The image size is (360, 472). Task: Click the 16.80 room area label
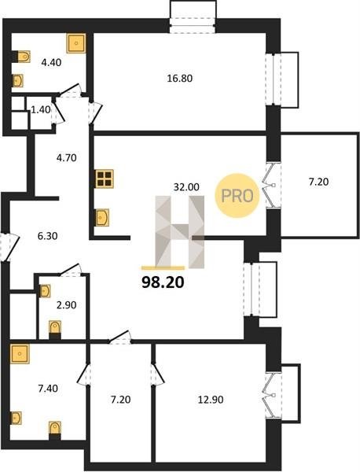coord(179,78)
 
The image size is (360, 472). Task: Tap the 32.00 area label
coord(186,187)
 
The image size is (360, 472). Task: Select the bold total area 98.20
coord(163,282)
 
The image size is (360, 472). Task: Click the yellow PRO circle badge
coord(237,196)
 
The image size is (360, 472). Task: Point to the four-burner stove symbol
coord(105,179)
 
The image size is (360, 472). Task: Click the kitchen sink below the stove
coord(102,217)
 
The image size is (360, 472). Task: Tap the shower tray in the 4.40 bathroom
coord(76,43)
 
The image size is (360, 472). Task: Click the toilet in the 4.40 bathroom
coord(24,57)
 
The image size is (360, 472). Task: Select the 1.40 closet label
coord(41,110)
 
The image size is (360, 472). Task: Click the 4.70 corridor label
coord(66,157)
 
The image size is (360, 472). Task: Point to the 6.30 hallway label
coord(47,236)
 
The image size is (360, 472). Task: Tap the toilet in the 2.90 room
coord(55,328)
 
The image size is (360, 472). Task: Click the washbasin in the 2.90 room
coord(45,291)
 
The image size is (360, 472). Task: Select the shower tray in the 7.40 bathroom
coord(20,354)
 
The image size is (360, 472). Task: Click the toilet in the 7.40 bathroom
coord(55,429)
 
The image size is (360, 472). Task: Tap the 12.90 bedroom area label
coord(211,400)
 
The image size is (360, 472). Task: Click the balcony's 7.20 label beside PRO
coord(318,182)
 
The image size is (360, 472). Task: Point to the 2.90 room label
coord(66,305)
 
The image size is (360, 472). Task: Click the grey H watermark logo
coord(179,232)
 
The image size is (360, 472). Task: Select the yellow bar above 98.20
coord(163,267)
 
